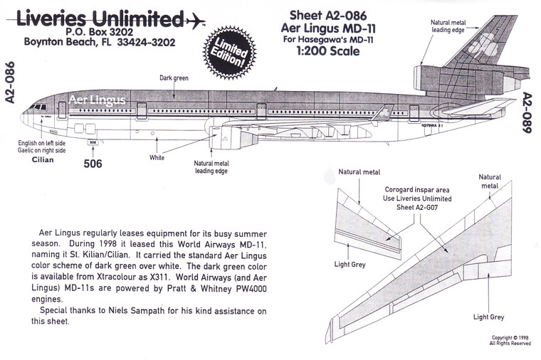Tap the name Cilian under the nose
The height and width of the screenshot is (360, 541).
coord(43,161)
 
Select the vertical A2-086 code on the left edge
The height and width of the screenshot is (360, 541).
coord(9,83)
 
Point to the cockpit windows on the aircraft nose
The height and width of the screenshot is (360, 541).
coord(35,107)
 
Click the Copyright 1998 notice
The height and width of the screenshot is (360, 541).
coord(510,340)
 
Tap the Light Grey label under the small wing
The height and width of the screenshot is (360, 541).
coord(350,263)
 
